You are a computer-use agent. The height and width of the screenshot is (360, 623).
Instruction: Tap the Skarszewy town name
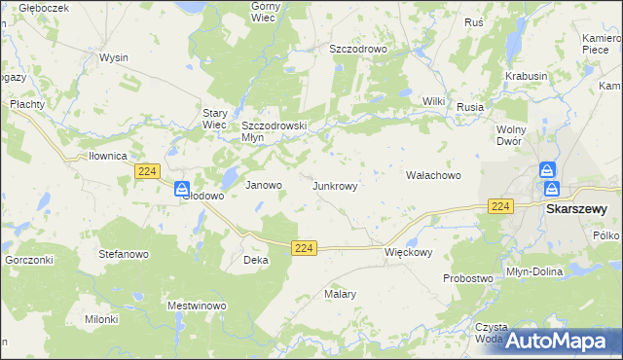click(x=576, y=208)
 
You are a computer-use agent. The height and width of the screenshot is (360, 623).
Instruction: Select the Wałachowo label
click(x=432, y=176)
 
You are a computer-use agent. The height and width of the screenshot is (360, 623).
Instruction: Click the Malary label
click(x=340, y=293)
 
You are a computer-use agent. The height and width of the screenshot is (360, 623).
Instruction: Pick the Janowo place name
click(x=263, y=185)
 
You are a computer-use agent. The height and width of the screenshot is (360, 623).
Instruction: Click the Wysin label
click(x=114, y=57)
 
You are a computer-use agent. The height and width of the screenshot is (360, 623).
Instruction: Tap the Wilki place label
click(x=433, y=101)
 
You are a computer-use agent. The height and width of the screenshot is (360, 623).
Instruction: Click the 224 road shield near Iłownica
click(x=147, y=171)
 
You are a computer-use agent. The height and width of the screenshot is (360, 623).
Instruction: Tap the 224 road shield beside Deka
click(x=304, y=249)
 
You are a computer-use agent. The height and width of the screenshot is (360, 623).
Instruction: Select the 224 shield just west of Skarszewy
click(x=500, y=205)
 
